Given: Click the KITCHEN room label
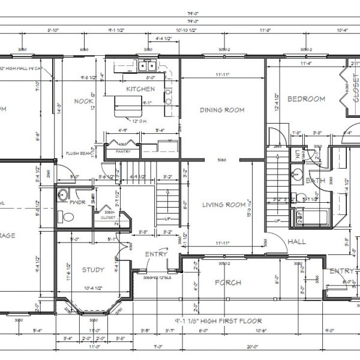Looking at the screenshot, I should [140, 89].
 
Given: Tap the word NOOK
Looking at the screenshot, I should [83, 101].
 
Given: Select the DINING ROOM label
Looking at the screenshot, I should [221, 110].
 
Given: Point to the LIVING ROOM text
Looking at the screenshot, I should [223, 205].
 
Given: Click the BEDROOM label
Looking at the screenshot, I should [306, 99].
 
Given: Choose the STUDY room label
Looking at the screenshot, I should [92, 270].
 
